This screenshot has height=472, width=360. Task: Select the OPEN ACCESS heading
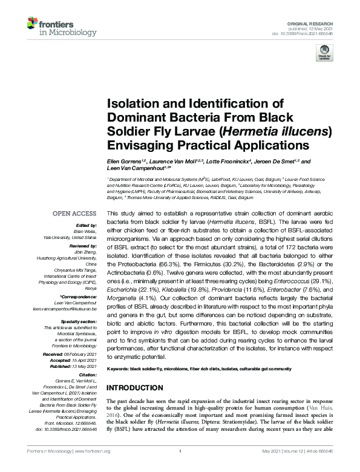[74, 214]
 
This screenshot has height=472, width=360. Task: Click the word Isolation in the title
[133, 103]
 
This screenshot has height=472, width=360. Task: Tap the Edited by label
[85, 225]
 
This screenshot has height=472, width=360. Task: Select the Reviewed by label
[81, 241]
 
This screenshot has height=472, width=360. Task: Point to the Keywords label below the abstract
[121, 369]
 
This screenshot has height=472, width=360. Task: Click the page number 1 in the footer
[180, 468]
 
